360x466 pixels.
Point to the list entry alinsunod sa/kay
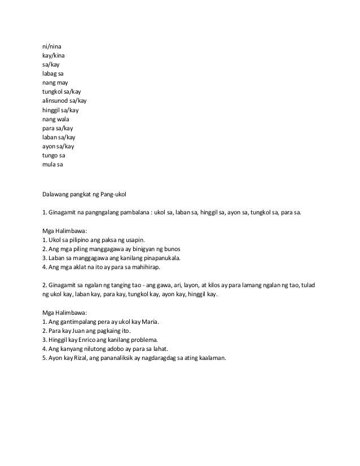point(65,100)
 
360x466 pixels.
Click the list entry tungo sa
point(54,155)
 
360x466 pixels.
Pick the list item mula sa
point(53,164)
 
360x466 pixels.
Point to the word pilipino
point(81,240)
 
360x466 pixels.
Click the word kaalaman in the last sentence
point(211,358)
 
